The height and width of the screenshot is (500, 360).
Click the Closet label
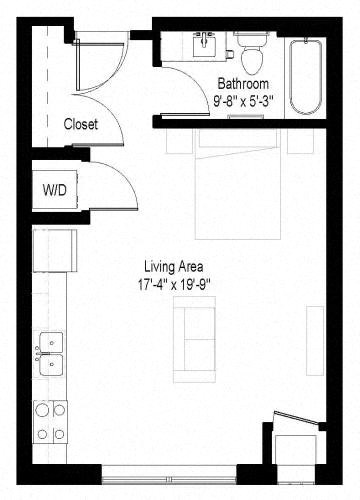pyautogui.click(x=80, y=125)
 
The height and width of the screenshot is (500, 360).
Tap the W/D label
pyautogui.click(x=53, y=189)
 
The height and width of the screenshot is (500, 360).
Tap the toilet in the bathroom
pyautogui.click(x=250, y=52)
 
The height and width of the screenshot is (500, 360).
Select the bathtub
pyautogui.click(x=301, y=76)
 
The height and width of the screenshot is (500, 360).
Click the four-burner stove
pyautogui.click(x=49, y=421)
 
